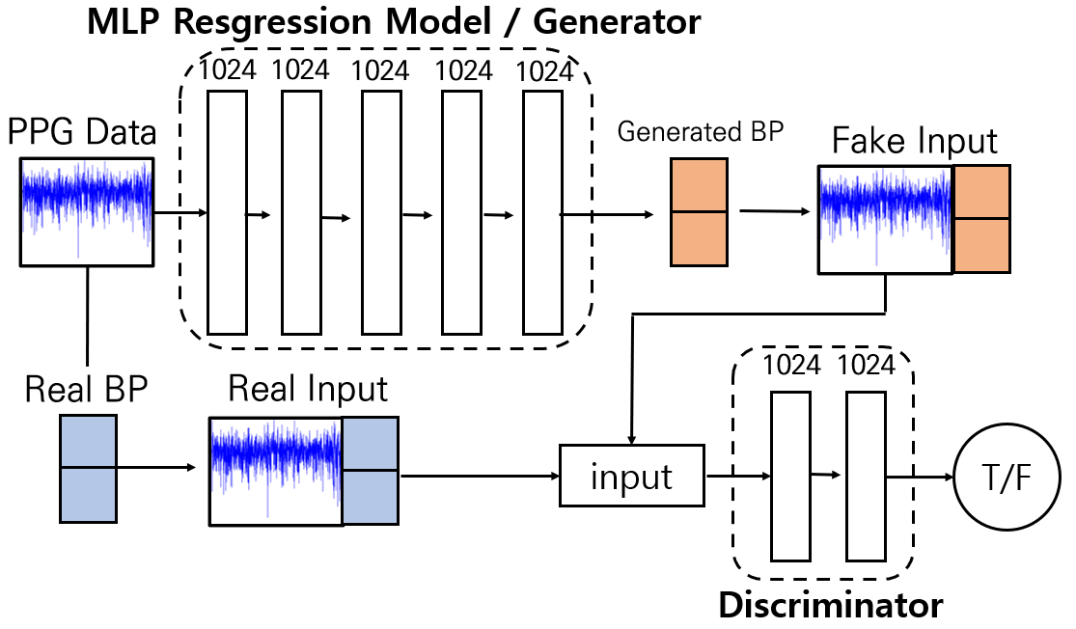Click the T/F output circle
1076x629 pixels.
(x=1007, y=477)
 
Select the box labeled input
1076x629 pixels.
(x=632, y=476)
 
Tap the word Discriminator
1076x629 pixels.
(x=830, y=606)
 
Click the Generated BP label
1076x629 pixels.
(x=700, y=132)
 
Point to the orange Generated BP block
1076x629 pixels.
(x=699, y=212)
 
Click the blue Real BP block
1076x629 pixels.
(x=88, y=469)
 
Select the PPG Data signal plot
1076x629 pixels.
(x=87, y=212)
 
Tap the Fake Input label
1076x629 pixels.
(x=914, y=142)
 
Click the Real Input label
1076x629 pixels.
(x=308, y=389)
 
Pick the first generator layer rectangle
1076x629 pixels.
(x=227, y=212)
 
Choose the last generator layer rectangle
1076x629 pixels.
(x=542, y=212)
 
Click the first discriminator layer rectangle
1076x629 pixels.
(x=790, y=477)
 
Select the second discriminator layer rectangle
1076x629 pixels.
(x=866, y=477)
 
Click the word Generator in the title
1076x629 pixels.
(x=617, y=22)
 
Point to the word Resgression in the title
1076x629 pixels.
(x=273, y=22)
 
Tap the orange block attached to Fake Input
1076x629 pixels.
(x=981, y=219)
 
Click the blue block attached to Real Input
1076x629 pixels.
(x=371, y=471)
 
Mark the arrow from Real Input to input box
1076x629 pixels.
(x=481, y=476)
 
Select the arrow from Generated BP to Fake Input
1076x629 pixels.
(x=775, y=211)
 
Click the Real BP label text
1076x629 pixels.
(x=87, y=389)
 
